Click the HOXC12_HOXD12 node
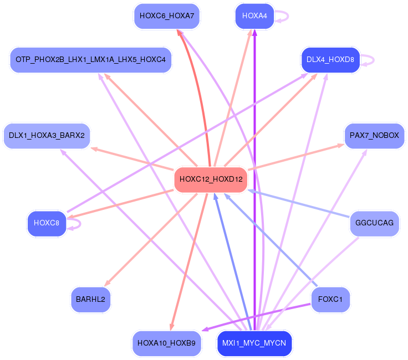(x=211, y=179)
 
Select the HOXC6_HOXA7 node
(x=167, y=16)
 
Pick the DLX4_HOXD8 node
(x=330, y=59)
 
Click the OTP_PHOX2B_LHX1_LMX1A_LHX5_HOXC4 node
(x=90, y=60)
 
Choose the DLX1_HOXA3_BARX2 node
(x=47, y=135)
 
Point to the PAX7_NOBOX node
(x=374, y=135)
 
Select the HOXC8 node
(x=47, y=223)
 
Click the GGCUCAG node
(x=374, y=223)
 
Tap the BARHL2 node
(x=90, y=299)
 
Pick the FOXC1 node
(x=330, y=299)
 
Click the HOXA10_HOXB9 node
(x=167, y=343)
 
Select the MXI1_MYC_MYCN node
(x=254, y=343)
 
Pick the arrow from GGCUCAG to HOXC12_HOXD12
(x=299, y=203)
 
